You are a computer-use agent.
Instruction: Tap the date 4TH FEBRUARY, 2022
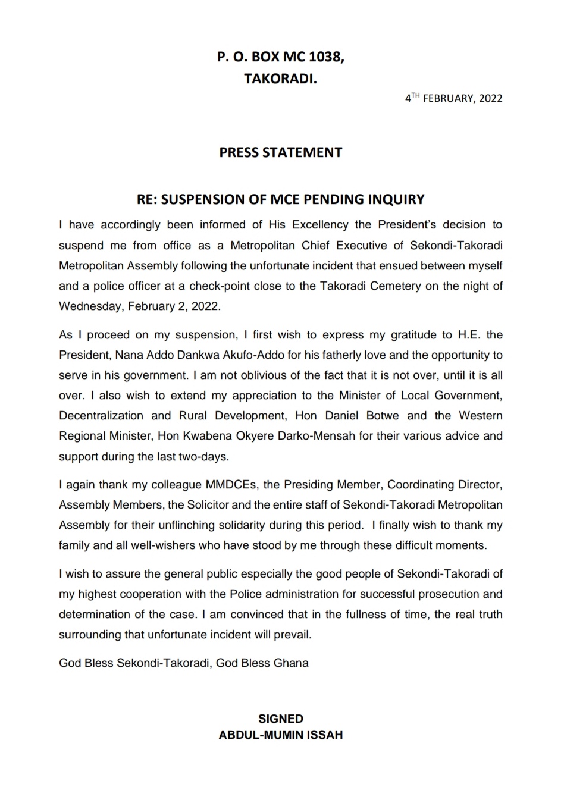click(454, 98)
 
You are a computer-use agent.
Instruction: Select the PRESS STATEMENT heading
click(281, 152)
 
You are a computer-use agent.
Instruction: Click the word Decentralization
click(101, 416)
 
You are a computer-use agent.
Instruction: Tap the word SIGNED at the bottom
click(281, 719)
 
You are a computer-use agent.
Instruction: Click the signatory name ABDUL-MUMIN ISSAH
click(281, 735)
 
